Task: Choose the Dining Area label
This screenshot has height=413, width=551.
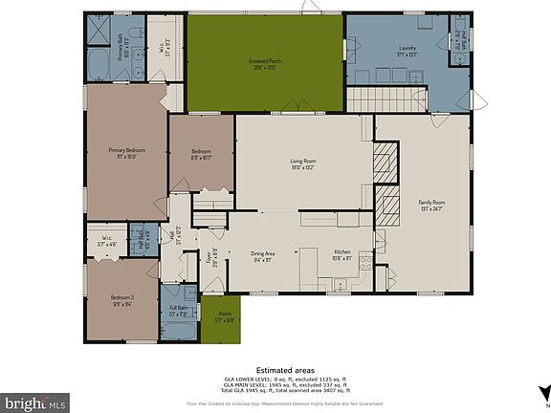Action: (x=264, y=255)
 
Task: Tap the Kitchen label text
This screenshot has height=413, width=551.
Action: (x=342, y=255)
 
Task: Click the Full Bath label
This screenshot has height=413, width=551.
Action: (x=179, y=310)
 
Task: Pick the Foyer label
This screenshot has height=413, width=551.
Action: (x=211, y=255)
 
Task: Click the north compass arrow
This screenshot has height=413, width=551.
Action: (x=543, y=391)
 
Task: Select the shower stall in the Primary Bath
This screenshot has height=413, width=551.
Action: (x=97, y=31)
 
